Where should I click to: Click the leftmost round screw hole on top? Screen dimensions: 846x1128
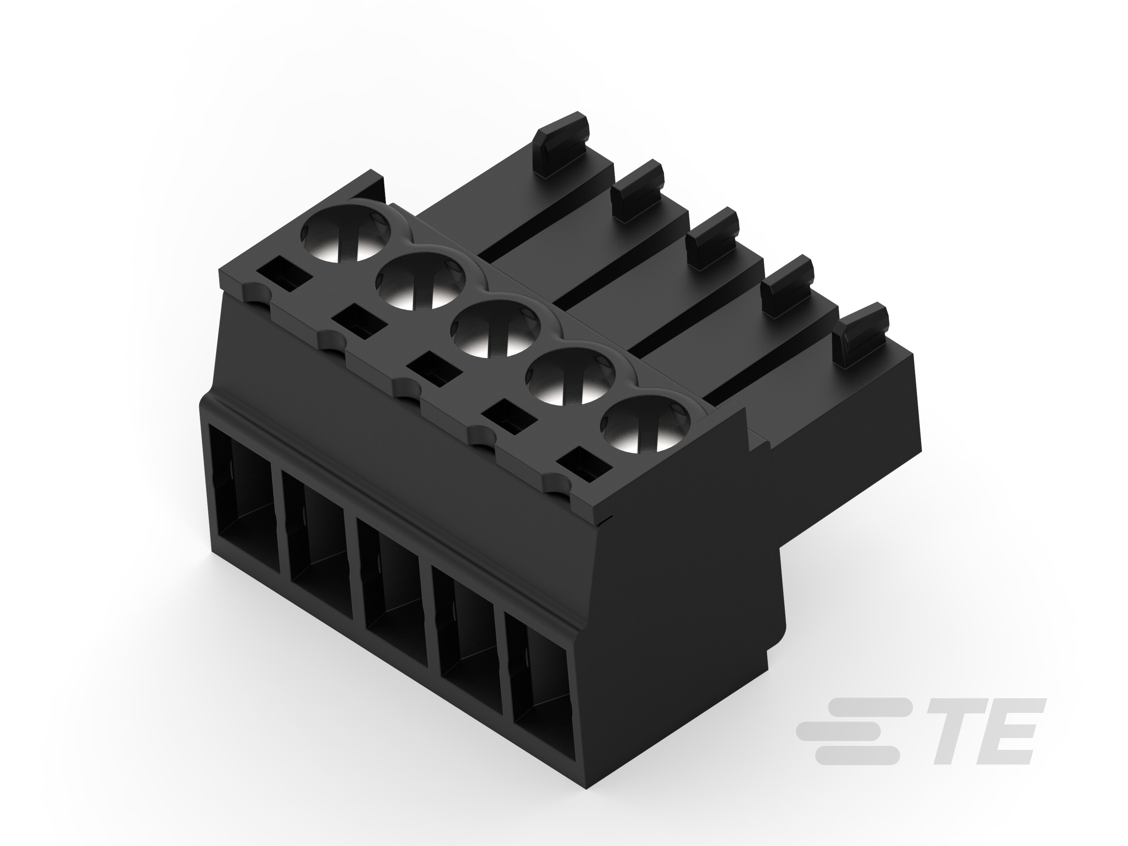(346, 238)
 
